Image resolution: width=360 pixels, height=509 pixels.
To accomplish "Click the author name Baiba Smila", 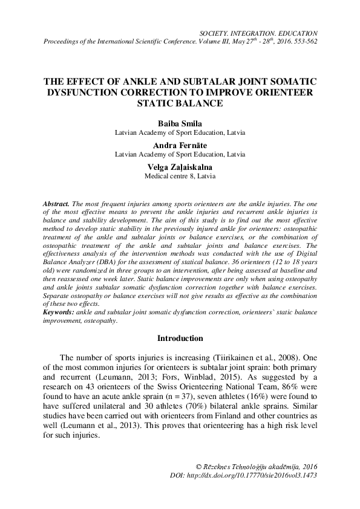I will [180, 122].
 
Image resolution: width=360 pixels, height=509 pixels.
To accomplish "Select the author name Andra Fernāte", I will [180, 145].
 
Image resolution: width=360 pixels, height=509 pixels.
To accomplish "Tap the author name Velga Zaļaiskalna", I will [180, 167].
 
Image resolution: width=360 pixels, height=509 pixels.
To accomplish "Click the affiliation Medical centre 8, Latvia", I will [180, 177].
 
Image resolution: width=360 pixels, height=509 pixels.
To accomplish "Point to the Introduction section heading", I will [180, 338].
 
